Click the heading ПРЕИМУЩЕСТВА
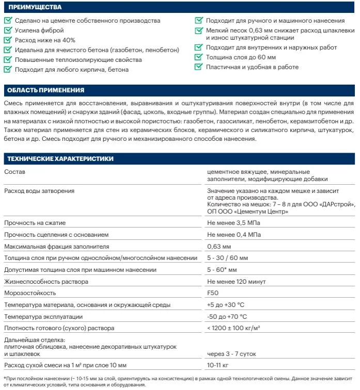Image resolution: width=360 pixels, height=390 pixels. coord(35,8)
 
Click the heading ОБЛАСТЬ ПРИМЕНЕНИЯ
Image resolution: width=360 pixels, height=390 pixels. coord(46,91)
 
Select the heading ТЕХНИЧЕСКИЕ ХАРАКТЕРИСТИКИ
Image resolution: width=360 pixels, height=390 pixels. coord(58,159)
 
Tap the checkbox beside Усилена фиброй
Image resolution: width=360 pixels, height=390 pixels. coord(7,30)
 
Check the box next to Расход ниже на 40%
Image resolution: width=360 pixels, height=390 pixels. coord(7,40)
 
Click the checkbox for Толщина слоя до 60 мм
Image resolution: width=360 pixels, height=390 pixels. coord(198,57)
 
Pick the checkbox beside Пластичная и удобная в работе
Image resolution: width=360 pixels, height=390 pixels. coord(198,67)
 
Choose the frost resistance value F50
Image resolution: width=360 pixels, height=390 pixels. coord(212,293)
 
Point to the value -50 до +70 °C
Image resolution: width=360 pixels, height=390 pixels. coord(227,316)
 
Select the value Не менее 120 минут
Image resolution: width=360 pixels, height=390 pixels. coord(236,282)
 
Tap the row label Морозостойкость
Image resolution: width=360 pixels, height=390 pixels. coord(29,293)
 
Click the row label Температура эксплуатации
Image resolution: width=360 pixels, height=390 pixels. coord(43,316)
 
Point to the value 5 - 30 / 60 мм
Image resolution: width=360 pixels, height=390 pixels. coord(227,258)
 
